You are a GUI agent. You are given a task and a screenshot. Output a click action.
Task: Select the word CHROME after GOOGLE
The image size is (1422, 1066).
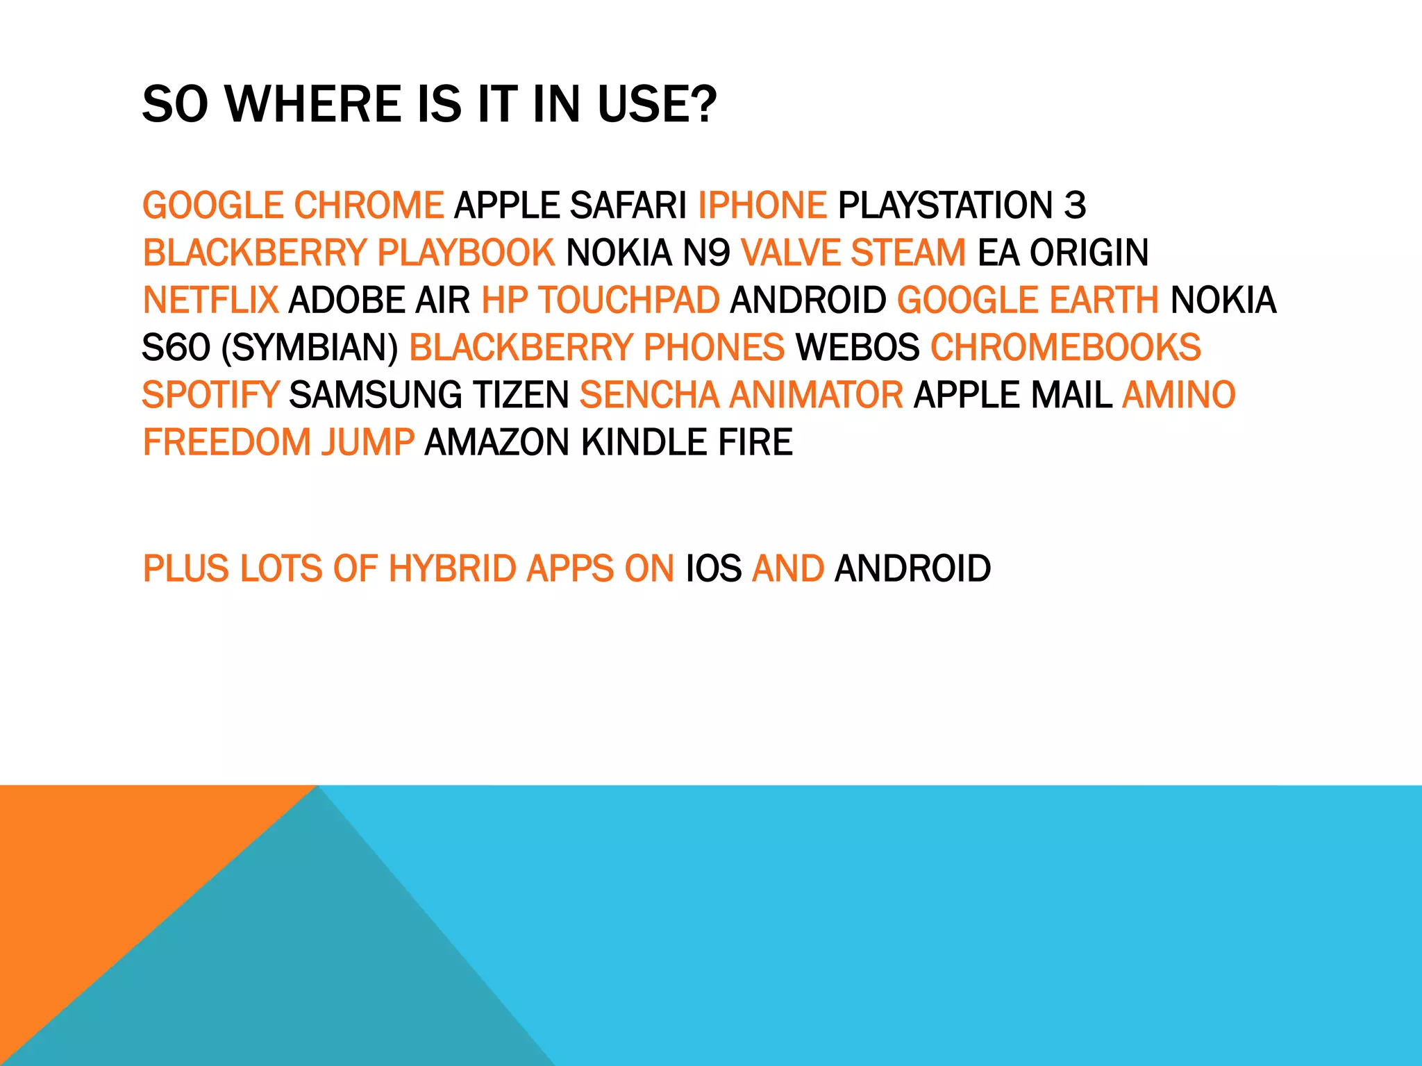(369, 205)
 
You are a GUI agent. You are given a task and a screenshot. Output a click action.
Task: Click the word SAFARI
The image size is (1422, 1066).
(628, 205)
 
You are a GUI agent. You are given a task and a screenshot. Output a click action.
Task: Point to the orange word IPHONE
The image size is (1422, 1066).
(762, 205)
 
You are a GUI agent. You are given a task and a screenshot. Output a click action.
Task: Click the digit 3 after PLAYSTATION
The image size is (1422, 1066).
(1075, 205)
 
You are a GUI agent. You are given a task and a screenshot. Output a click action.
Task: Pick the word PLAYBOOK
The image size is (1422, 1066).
(466, 253)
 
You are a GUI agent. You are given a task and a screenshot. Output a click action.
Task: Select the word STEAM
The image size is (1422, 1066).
(907, 253)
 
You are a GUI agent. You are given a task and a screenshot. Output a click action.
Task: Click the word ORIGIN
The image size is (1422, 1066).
(1089, 253)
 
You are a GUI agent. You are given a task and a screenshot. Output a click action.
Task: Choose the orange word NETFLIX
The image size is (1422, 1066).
(210, 301)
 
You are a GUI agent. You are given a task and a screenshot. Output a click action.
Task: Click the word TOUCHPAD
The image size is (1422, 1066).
(629, 301)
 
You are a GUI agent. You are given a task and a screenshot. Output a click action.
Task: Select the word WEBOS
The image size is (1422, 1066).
(858, 348)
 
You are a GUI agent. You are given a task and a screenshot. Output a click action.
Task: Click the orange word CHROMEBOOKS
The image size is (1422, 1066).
(1065, 348)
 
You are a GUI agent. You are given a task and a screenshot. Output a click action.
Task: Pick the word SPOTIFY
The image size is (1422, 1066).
(210, 395)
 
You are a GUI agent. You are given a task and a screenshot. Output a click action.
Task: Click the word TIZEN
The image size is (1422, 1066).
(521, 395)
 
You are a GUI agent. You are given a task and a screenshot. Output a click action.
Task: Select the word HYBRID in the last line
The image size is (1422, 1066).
(452, 569)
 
